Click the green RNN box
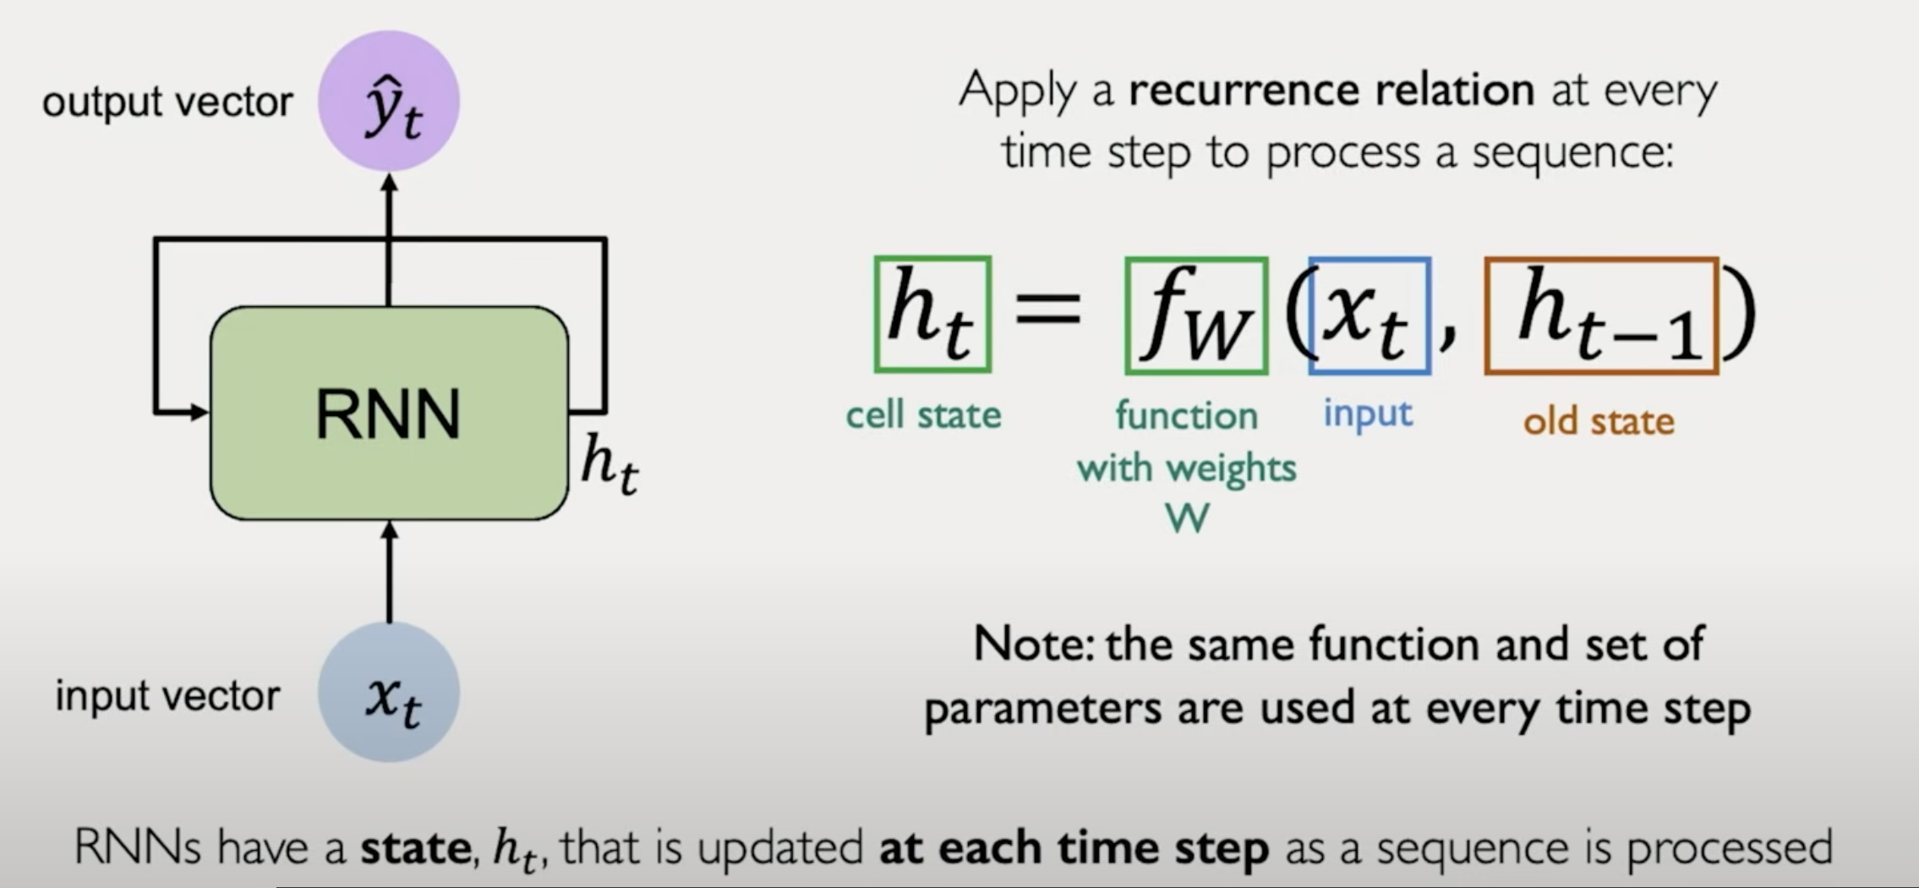389,414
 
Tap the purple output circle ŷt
389,101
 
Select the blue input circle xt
389,693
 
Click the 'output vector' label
167,101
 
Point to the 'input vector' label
167,696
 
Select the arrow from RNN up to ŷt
389,237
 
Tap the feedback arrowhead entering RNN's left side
200,413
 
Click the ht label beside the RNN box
610,464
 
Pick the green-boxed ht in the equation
932,315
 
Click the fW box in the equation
1196,315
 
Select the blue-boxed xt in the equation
1370,315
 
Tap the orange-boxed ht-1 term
1602,315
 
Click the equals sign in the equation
1047,306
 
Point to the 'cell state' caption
923,415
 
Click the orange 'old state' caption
1599,421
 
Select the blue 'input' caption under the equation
1367,414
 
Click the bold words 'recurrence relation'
1331,90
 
